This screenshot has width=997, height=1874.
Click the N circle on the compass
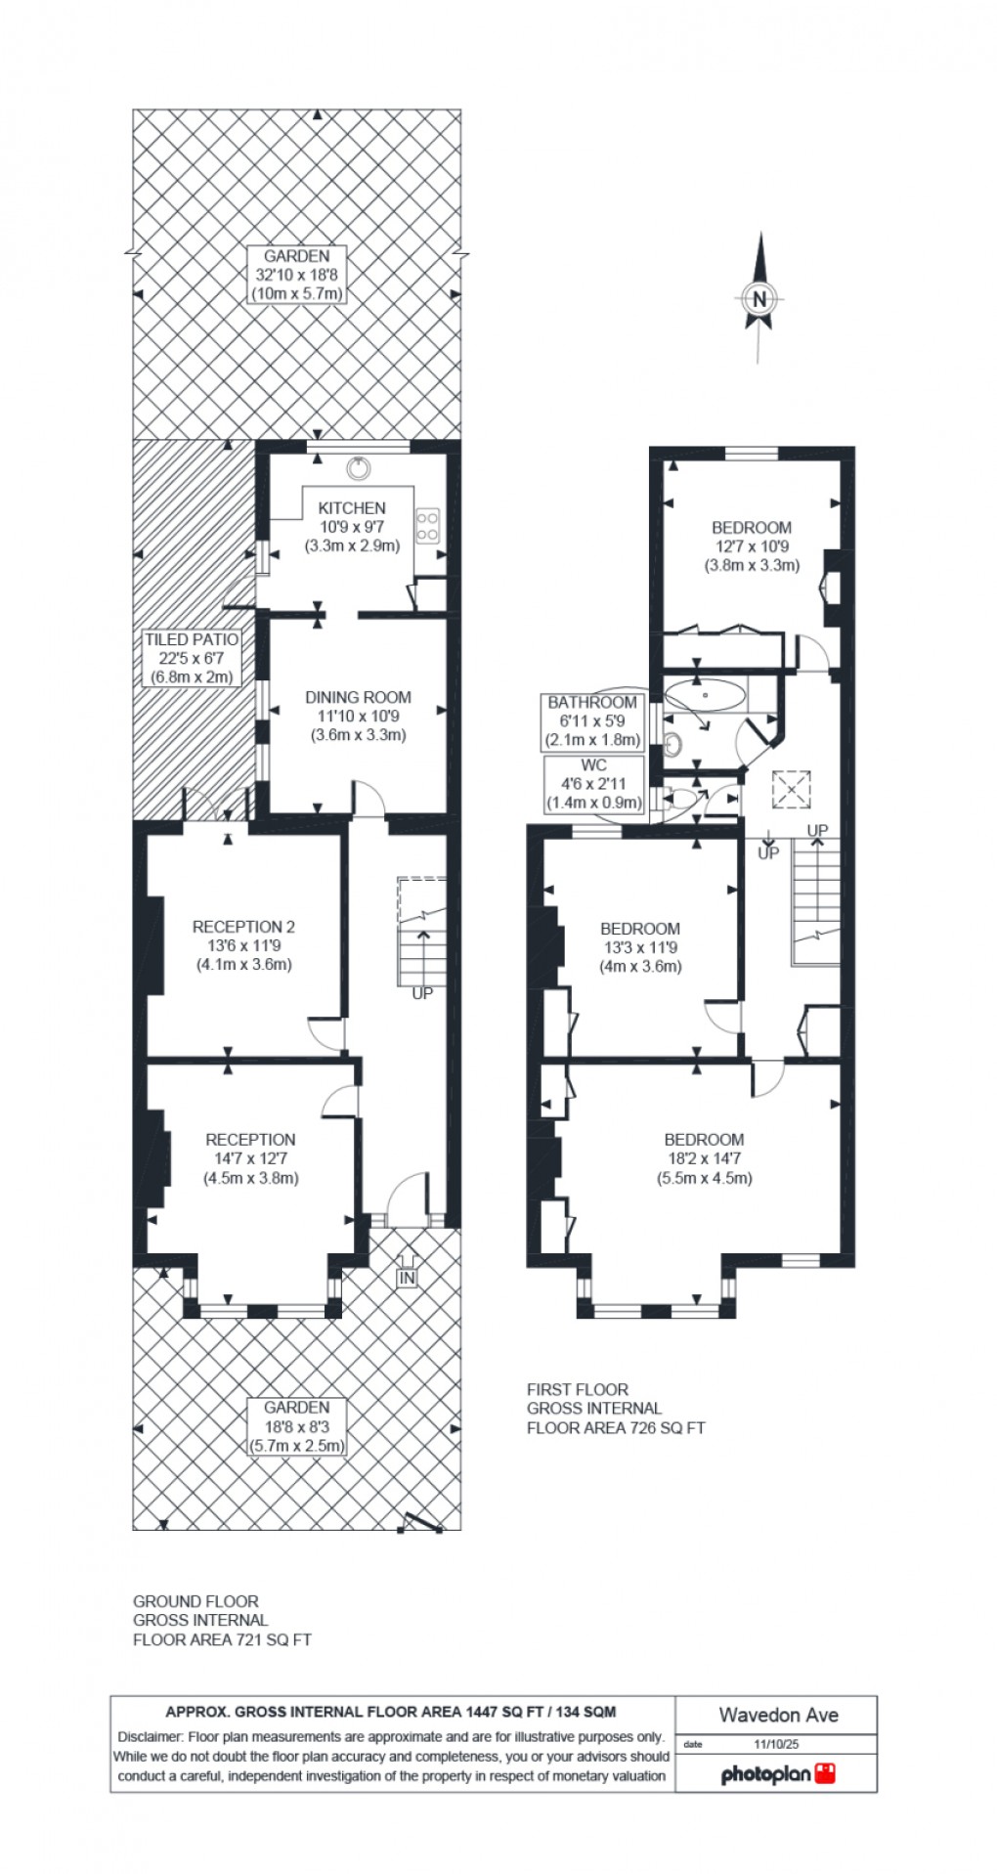point(759,299)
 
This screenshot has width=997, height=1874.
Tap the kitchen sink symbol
point(361,468)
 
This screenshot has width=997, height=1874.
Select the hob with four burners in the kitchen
point(428,525)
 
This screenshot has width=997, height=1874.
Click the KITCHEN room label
point(352,507)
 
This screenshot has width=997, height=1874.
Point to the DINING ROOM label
point(358,697)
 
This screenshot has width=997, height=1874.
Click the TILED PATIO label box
point(191,658)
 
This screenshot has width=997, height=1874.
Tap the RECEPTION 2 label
point(243,927)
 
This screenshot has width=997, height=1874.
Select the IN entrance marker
point(407,1278)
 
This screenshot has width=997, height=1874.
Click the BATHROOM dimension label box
point(591,720)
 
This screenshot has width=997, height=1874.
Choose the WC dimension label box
point(593,784)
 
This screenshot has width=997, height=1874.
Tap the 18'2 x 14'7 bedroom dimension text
point(704,1158)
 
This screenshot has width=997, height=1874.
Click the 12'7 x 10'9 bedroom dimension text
point(752,546)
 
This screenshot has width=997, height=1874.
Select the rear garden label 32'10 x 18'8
point(297,275)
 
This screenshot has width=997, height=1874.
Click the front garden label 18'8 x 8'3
point(297,1425)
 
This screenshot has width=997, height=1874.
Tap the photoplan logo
point(778,1773)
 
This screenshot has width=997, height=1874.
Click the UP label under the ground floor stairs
point(422,994)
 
